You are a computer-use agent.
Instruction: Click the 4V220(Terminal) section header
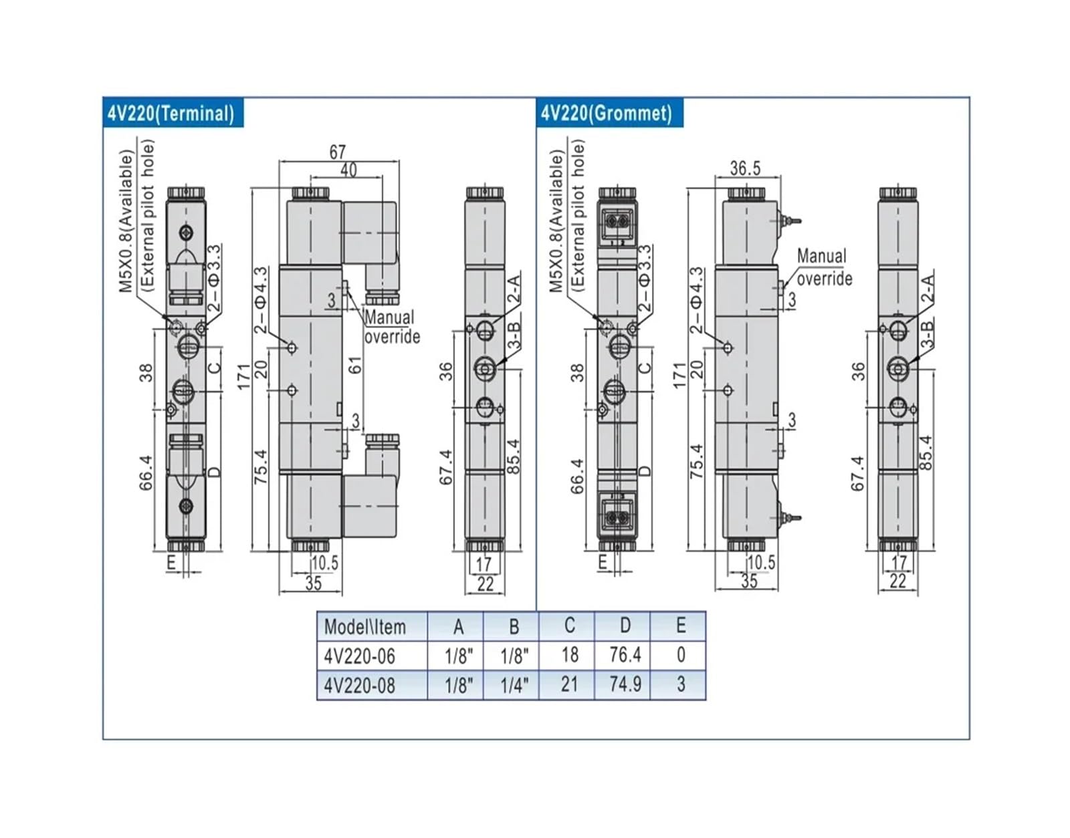coord(173,113)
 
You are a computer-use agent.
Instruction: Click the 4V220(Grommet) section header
coord(610,113)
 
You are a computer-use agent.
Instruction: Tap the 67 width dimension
coord(338,152)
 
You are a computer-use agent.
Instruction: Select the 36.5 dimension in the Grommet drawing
coord(745,168)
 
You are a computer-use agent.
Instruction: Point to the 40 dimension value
coord(348,170)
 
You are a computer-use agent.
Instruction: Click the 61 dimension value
coord(356,365)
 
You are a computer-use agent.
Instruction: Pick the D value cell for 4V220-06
coord(625,654)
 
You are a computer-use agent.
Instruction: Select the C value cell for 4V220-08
coord(569,684)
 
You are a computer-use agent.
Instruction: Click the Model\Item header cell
coord(365,626)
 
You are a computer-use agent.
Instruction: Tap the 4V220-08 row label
coord(360,685)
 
